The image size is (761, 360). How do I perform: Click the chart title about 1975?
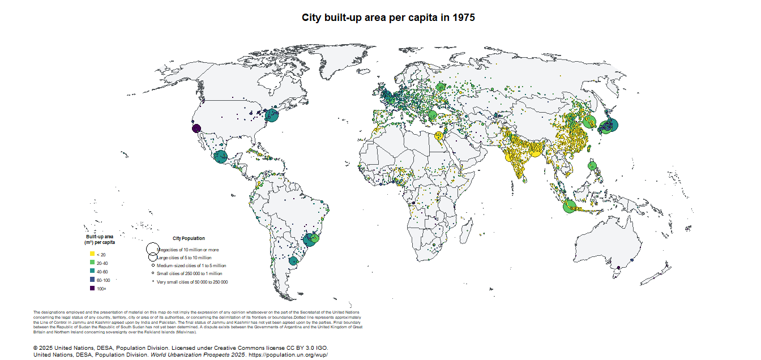point(388,18)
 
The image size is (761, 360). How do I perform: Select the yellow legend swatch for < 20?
point(92,255)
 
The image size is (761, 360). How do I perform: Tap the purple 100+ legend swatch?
point(92,289)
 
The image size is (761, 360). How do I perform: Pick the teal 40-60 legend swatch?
point(92,272)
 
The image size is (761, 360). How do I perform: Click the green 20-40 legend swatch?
point(92,263)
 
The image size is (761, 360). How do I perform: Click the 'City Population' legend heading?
point(189,238)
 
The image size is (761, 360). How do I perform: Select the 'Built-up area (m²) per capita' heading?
point(100,239)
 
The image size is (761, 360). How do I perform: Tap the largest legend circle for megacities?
point(152,248)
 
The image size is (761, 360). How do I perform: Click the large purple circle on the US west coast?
point(195,128)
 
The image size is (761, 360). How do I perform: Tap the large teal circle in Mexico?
point(220,156)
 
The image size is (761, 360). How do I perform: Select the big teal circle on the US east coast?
point(271,116)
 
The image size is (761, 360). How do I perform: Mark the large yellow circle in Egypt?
point(438,135)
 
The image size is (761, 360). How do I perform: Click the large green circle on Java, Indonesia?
point(570,206)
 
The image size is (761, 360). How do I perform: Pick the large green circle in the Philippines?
point(592,166)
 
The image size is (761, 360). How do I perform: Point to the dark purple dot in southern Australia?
point(619,267)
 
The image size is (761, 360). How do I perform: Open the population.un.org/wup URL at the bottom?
point(288,354)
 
